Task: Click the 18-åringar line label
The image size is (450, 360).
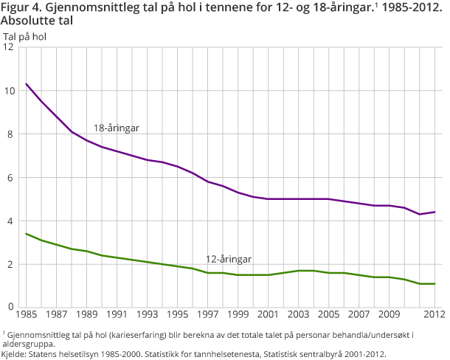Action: tap(116, 128)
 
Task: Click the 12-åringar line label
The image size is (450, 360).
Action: tap(229, 259)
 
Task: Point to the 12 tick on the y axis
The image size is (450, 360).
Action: tap(9, 47)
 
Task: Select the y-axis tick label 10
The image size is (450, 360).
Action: tap(9, 91)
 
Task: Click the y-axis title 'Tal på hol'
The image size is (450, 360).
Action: tap(26, 35)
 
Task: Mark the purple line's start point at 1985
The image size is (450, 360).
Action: tap(26, 83)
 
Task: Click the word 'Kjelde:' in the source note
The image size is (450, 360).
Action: tap(15, 354)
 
